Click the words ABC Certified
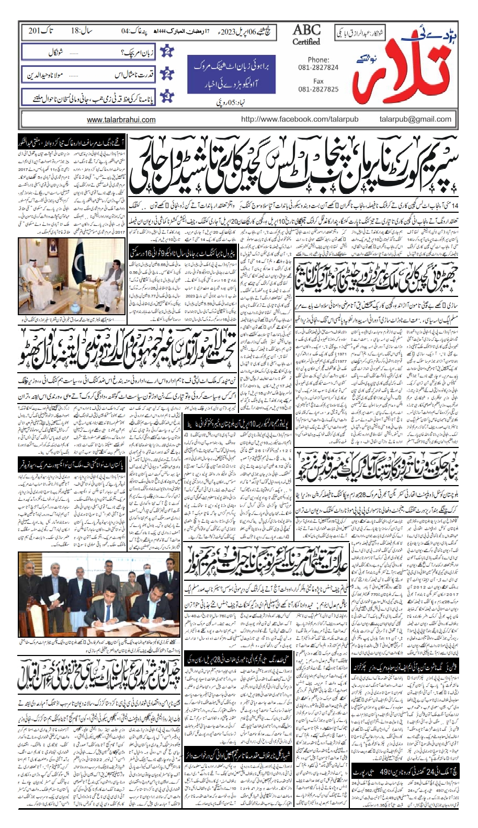click(306, 34)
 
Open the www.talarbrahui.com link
click(121, 120)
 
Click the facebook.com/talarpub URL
click(300, 119)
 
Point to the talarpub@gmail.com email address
click(415, 119)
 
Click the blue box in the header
click(232, 74)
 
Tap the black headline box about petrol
click(181, 251)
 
